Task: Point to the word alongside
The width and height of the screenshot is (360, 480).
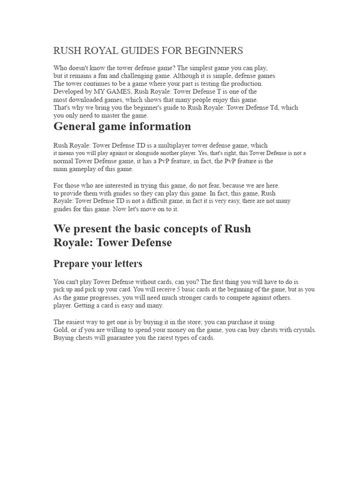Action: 144,153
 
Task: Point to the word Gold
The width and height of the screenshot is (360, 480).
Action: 60,330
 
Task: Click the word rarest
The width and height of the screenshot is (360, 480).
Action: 158,338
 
